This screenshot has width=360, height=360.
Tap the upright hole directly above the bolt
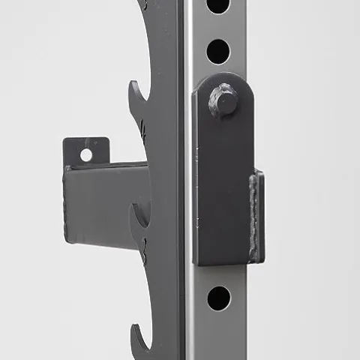pyautogui.click(x=218, y=51)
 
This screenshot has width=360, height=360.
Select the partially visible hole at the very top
pyautogui.click(x=217, y=4)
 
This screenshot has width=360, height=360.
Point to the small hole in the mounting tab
pyautogui.click(x=86, y=154)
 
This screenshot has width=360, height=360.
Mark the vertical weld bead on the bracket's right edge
pyautogui.click(x=257, y=216)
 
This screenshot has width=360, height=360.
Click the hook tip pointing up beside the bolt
pyautogui.click(x=136, y=90)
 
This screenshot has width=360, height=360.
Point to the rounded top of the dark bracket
pyautogui.click(x=222, y=77)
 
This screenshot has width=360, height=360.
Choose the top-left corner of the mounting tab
pyautogui.click(x=64, y=139)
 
